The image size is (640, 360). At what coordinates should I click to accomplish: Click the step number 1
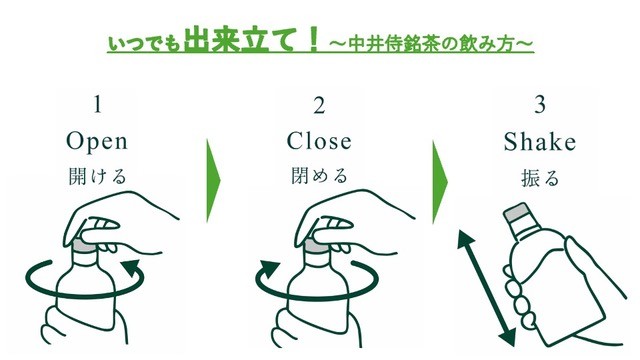(x=97, y=104)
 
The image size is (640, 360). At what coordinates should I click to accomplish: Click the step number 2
(x=319, y=105)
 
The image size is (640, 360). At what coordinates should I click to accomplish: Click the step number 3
(x=540, y=104)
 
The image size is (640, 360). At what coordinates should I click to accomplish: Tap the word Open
(x=97, y=142)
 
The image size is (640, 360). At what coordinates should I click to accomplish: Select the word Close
(x=319, y=141)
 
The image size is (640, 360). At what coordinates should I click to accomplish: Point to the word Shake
(x=540, y=142)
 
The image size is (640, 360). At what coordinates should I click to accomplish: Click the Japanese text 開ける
(x=97, y=176)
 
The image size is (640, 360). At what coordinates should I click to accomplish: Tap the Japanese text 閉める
(x=319, y=176)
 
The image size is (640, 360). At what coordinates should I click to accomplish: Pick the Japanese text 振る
(x=540, y=178)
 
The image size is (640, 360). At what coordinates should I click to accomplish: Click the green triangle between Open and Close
(x=212, y=181)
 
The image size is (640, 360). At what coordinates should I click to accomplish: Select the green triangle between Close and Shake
(x=439, y=182)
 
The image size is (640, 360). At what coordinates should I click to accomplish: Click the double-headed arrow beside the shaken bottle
(x=486, y=289)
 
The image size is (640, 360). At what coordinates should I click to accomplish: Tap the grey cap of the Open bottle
(x=84, y=246)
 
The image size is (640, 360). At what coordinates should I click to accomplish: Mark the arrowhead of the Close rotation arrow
(x=270, y=270)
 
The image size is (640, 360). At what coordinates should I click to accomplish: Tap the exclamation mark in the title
(x=313, y=39)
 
